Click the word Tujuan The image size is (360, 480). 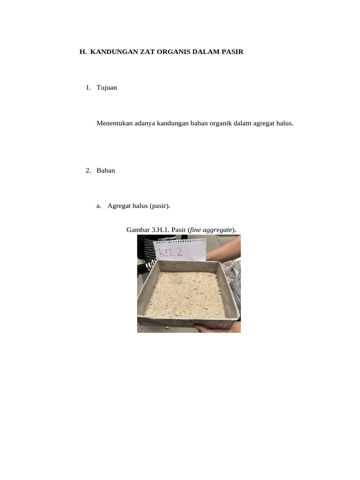(107, 88)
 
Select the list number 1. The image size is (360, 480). (88, 88)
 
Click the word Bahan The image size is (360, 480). (105, 171)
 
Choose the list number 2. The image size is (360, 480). (88, 171)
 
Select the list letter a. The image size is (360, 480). (98, 206)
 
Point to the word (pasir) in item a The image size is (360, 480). (160, 206)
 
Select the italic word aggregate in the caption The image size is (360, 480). (217, 230)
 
